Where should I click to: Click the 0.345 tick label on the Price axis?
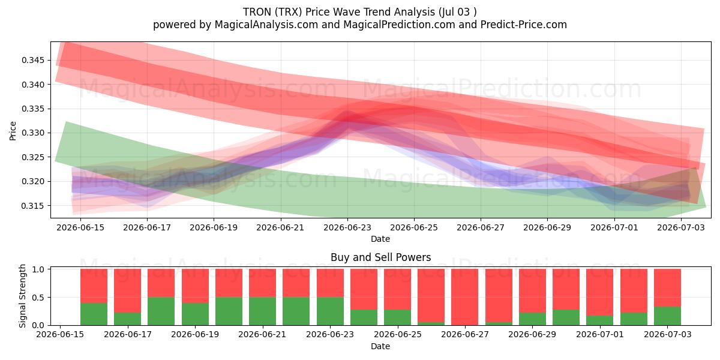pyautogui.click(x=32, y=60)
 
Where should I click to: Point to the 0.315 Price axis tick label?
pyautogui.click(x=32, y=206)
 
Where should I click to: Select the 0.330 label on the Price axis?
pyautogui.click(x=32, y=133)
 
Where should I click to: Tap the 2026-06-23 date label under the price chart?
pyautogui.click(x=347, y=227)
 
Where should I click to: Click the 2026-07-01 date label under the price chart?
pyautogui.click(x=614, y=227)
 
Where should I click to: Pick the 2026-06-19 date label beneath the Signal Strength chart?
pyautogui.click(x=195, y=334)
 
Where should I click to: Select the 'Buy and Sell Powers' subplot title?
pyautogui.click(x=380, y=257)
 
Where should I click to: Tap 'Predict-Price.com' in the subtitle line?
pyautogui.click(x=524, y=25)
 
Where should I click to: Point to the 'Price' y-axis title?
pyautogui.click(x=13, y=131)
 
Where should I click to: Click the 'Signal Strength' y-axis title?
pyautogui.click(x=22, y=296)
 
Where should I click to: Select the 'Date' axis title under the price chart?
pyautogui.click(x=380, y=239)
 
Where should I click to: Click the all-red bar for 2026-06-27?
pyautogui.click(x=464, y=297)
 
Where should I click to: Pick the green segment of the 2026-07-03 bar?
pyautogui.click(x=667, y=316)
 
